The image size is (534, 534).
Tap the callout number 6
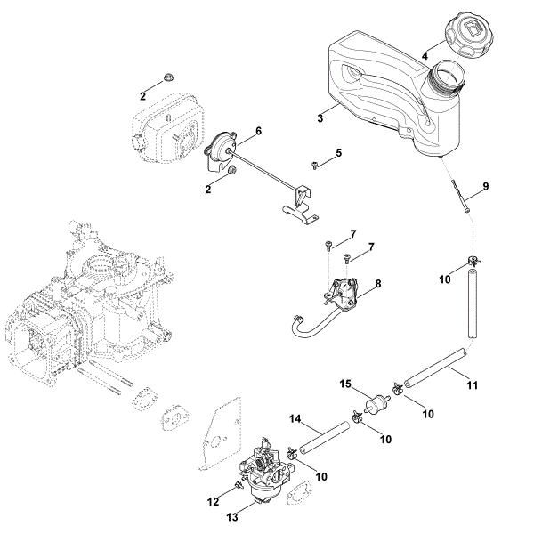257,131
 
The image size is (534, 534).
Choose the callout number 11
472,384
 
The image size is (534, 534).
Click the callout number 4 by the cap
425,55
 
